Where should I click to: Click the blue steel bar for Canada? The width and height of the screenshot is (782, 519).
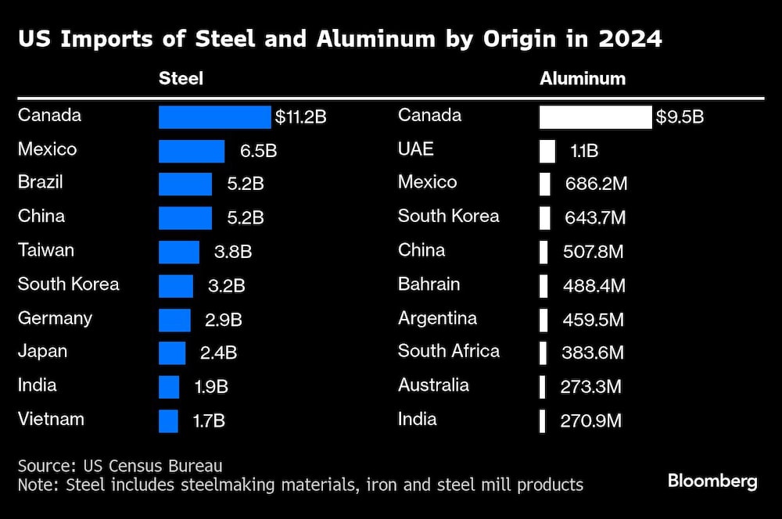click(215, 117)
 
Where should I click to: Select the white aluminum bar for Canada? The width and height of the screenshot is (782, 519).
click(595, 117)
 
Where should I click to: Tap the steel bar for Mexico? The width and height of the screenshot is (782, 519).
click(192, 151)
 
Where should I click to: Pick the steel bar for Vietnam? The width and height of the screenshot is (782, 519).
click(168, 421)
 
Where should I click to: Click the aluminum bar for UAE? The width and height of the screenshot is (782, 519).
click(547, 151)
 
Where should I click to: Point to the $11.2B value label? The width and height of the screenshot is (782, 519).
click(300, 117)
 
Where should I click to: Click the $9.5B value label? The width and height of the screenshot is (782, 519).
click(680, 117)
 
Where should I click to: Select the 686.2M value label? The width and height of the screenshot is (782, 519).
click(596, 184)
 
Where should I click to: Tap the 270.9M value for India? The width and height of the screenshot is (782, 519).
click(590, 421)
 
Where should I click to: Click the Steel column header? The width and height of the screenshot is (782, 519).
click(181, 79)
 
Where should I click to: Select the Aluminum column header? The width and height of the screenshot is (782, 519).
click(583, 79)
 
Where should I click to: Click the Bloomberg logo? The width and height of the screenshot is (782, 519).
click(712, 481)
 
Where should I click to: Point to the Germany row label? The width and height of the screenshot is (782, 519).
click(55, 318)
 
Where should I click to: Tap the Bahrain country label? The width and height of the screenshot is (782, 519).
click(429, 284)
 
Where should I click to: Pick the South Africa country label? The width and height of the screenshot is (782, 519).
click(448, 351)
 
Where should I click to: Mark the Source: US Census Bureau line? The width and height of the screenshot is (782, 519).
click(120, 465)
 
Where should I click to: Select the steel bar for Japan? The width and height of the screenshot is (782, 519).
click(172, 353)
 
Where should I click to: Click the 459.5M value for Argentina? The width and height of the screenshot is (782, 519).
click(594, 320)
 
